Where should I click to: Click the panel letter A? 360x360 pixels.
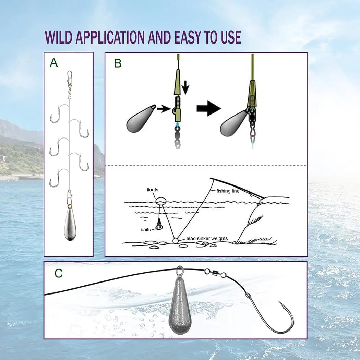[54, 63]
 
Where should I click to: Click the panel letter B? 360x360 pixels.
[118, 63]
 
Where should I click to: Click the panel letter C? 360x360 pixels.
[59, 273]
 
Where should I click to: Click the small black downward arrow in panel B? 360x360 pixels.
[185, 87]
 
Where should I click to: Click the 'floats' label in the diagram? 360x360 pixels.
[152, 190]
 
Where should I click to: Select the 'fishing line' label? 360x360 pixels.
[228, 191]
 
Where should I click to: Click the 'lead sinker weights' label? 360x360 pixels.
[207, 238]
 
